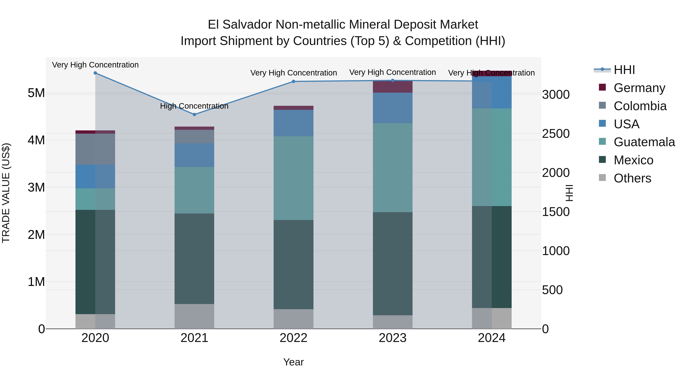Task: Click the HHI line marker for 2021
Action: (x=194, y=115)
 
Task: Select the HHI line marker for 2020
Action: (x=95, y=73)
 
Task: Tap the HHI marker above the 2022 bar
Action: (x=293, y=82)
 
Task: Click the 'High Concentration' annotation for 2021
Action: (x=194, y=106)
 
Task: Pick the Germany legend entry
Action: (x=639, y=88)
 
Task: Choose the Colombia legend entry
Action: (x=640, y=106)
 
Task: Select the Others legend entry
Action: (x=632, y=178)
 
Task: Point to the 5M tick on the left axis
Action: (x=36, y=93)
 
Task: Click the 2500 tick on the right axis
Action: (x=556, y=134)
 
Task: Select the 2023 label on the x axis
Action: (x=393, y=338)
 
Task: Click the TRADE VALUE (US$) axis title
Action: (x=6, y=193)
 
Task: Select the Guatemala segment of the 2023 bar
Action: (x=393, y=168)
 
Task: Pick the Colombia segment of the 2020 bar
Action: (x=95, y=149)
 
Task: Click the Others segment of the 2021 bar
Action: (x=194, y=316)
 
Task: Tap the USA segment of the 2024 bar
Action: (x=492, y=92)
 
